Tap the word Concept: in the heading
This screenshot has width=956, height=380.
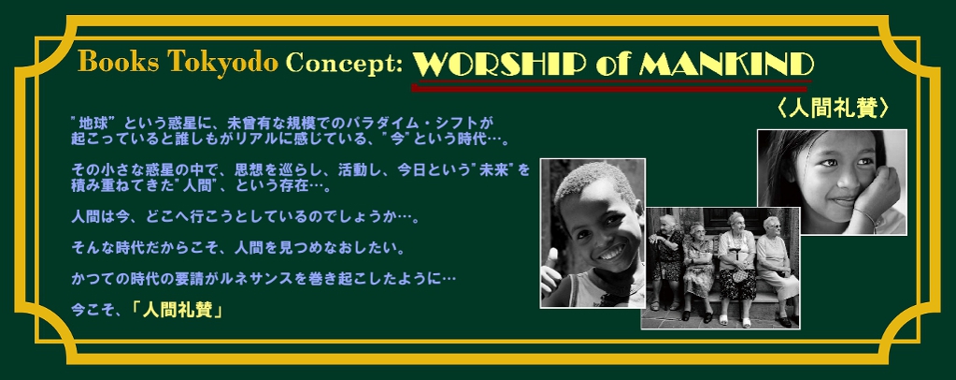coord(345,64)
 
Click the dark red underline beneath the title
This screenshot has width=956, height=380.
coord(611,87)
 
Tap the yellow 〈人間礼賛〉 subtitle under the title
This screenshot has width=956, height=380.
coord(833,109)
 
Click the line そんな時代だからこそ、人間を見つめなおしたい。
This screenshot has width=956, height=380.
coord(238,248)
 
